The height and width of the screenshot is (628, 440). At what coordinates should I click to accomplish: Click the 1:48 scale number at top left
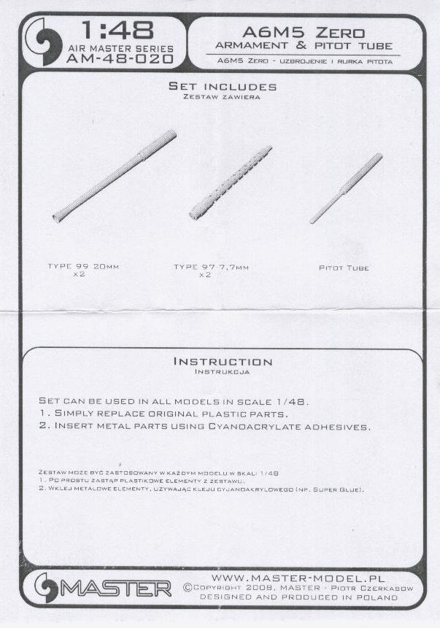pos(117,31)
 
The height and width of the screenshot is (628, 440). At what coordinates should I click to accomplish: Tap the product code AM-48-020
pos(120,59)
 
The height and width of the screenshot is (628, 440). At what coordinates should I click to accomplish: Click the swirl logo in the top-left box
pos(44,42)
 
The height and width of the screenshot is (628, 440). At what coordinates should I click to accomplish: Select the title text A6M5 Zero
pos(304,32)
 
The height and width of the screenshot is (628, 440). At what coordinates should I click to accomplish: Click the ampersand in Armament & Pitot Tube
pos(301,46)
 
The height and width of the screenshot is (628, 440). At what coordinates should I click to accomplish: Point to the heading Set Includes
pos(223,86)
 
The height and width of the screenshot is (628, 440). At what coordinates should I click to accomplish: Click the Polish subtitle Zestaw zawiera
pos(222,97)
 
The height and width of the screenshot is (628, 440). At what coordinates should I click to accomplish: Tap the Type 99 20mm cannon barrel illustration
pos(115,176)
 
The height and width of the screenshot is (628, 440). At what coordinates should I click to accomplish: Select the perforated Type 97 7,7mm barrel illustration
pos(231,182)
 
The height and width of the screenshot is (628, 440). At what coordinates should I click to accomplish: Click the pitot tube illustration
pos(346,188)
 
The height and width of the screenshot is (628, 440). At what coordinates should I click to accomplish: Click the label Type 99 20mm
pos(83,266)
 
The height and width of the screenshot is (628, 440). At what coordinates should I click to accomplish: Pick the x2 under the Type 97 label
pos(205,275)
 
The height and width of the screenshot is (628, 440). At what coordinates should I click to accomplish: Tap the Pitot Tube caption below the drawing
pos(344,268)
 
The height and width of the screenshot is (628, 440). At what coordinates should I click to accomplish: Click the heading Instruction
pos(223,362)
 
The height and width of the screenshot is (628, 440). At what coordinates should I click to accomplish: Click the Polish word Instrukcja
pos(222,372)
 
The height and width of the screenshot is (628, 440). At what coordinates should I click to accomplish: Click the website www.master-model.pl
pos(298,578)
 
